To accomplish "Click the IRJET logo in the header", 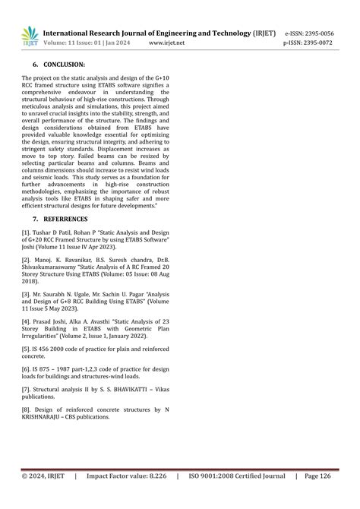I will tap(30, 36).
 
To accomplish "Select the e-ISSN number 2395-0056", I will tap(320, 34).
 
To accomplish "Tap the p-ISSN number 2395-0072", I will tap(319, 44).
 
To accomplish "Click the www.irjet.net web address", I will tap(166, 44).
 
